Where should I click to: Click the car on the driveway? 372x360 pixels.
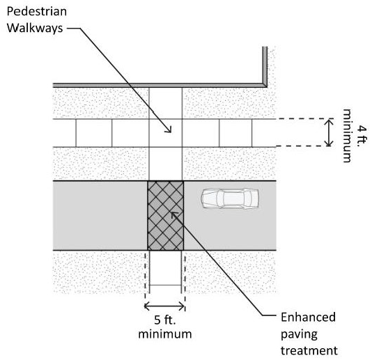tap(230, 198)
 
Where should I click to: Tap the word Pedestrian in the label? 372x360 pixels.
tap(37, 11)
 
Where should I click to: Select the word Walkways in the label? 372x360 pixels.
tap(35, 28)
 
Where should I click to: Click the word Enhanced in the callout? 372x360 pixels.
tap(308, 317)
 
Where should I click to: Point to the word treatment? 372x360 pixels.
tap(309, 350)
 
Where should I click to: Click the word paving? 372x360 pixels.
tap(299, 334)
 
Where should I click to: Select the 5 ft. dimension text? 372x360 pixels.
tap(165, 320)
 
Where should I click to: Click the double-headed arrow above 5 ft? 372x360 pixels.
tap(164, 306)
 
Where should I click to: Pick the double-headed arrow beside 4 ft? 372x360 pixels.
tap(329, 133)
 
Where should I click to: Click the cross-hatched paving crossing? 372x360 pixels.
tap(165, 216)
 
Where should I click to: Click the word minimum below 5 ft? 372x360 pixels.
tap(165, 334)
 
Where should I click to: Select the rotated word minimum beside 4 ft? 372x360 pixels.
tap(347, 136)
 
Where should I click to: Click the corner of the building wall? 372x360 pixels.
tap(265, 85)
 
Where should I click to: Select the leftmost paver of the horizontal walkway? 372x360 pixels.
tap(64, 133)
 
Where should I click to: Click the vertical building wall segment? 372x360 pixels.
tap(265, 65)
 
